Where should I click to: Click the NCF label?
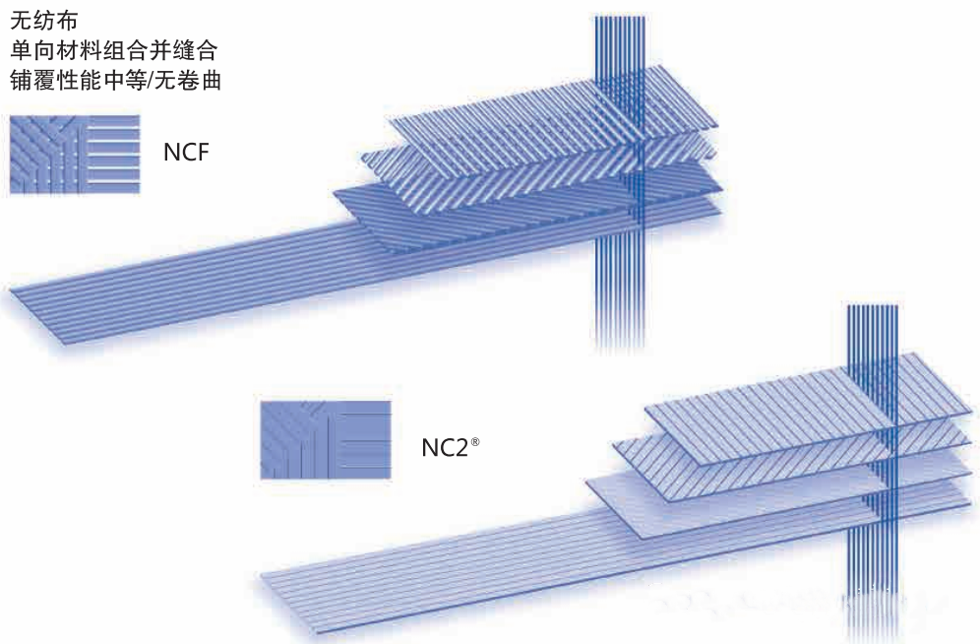[186, 152]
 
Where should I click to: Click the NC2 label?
[445, 448]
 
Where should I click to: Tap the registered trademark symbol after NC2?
[475, 443]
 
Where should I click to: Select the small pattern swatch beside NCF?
[75, 154]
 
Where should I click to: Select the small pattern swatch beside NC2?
[326, 440]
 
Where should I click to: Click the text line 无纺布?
[43, 21]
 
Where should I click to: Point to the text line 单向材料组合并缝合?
[113, 50]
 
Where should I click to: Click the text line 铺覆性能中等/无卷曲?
[116, 81]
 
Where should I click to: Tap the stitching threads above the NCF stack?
[619, 43]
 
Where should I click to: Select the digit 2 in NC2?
[461, 448]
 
